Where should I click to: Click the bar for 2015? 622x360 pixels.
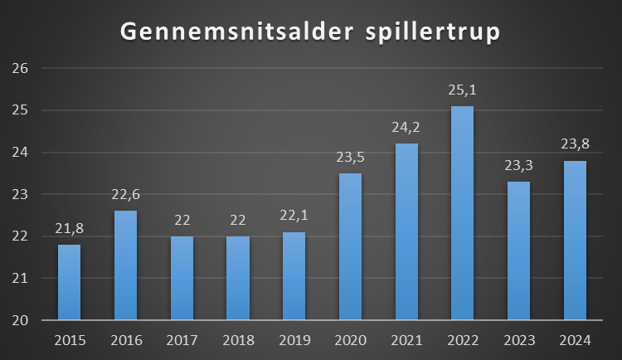(x=70, y=282)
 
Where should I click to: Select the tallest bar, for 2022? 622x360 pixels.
(x=462, y=212)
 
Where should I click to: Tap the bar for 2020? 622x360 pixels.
(x=350, y=246)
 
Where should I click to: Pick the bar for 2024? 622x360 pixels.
(x=575, y=240)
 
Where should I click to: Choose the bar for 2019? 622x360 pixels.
(x=294, y=276)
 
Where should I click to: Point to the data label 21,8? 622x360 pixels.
(x=70, y=229)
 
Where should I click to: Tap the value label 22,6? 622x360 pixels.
(x=126, y=195)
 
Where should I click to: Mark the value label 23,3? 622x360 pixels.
(x=518, y=166)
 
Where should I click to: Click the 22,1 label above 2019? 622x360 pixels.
(x=294, y=216)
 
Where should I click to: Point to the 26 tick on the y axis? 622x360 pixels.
(x=21, y=69)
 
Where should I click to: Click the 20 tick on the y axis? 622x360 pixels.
(x=21, y=320)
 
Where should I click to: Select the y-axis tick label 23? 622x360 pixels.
(x=21, y=195)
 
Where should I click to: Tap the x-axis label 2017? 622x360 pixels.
(x=182, y=340)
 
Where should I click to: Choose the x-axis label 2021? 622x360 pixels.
(x=406, y=340)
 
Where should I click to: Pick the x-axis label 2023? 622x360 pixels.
(x=518, y=340)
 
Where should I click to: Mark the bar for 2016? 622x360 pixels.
(x=126, y=265)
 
